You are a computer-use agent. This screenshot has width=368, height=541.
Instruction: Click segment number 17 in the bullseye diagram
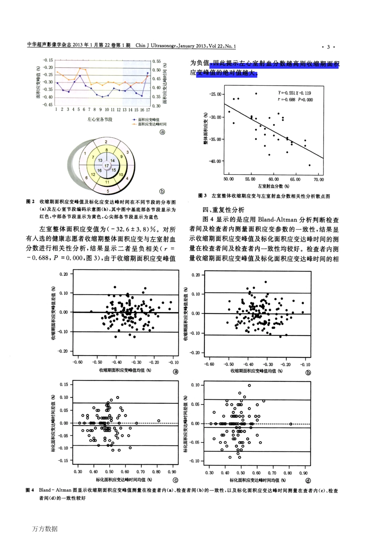tap(107, 166)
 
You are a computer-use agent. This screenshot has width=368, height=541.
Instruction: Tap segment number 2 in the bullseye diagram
tap(106, 142)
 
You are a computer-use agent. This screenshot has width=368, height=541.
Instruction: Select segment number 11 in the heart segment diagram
tap(107, 182)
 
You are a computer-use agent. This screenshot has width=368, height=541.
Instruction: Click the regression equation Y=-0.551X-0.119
tap(294, 93)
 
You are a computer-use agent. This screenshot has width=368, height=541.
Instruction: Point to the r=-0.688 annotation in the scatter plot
tap(286, 100)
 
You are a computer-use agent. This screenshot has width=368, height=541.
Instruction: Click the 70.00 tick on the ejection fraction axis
tap(318, 180)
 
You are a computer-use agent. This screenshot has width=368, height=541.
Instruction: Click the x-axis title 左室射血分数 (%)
tap(273, 186)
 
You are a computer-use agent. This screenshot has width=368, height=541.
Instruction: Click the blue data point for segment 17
tap(148, 73)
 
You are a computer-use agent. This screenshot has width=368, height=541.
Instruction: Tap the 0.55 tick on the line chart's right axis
tap(156, 61)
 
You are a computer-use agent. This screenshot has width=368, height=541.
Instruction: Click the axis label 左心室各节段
tap(100, 119)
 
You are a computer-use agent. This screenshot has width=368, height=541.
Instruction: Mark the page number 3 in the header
tap(328, 47)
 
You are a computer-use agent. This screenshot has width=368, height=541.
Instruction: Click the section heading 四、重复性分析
tap(224, 210)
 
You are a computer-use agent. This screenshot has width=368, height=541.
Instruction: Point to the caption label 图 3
tap(203, 195)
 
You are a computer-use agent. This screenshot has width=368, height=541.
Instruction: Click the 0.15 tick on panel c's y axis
tap(64, 384)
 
